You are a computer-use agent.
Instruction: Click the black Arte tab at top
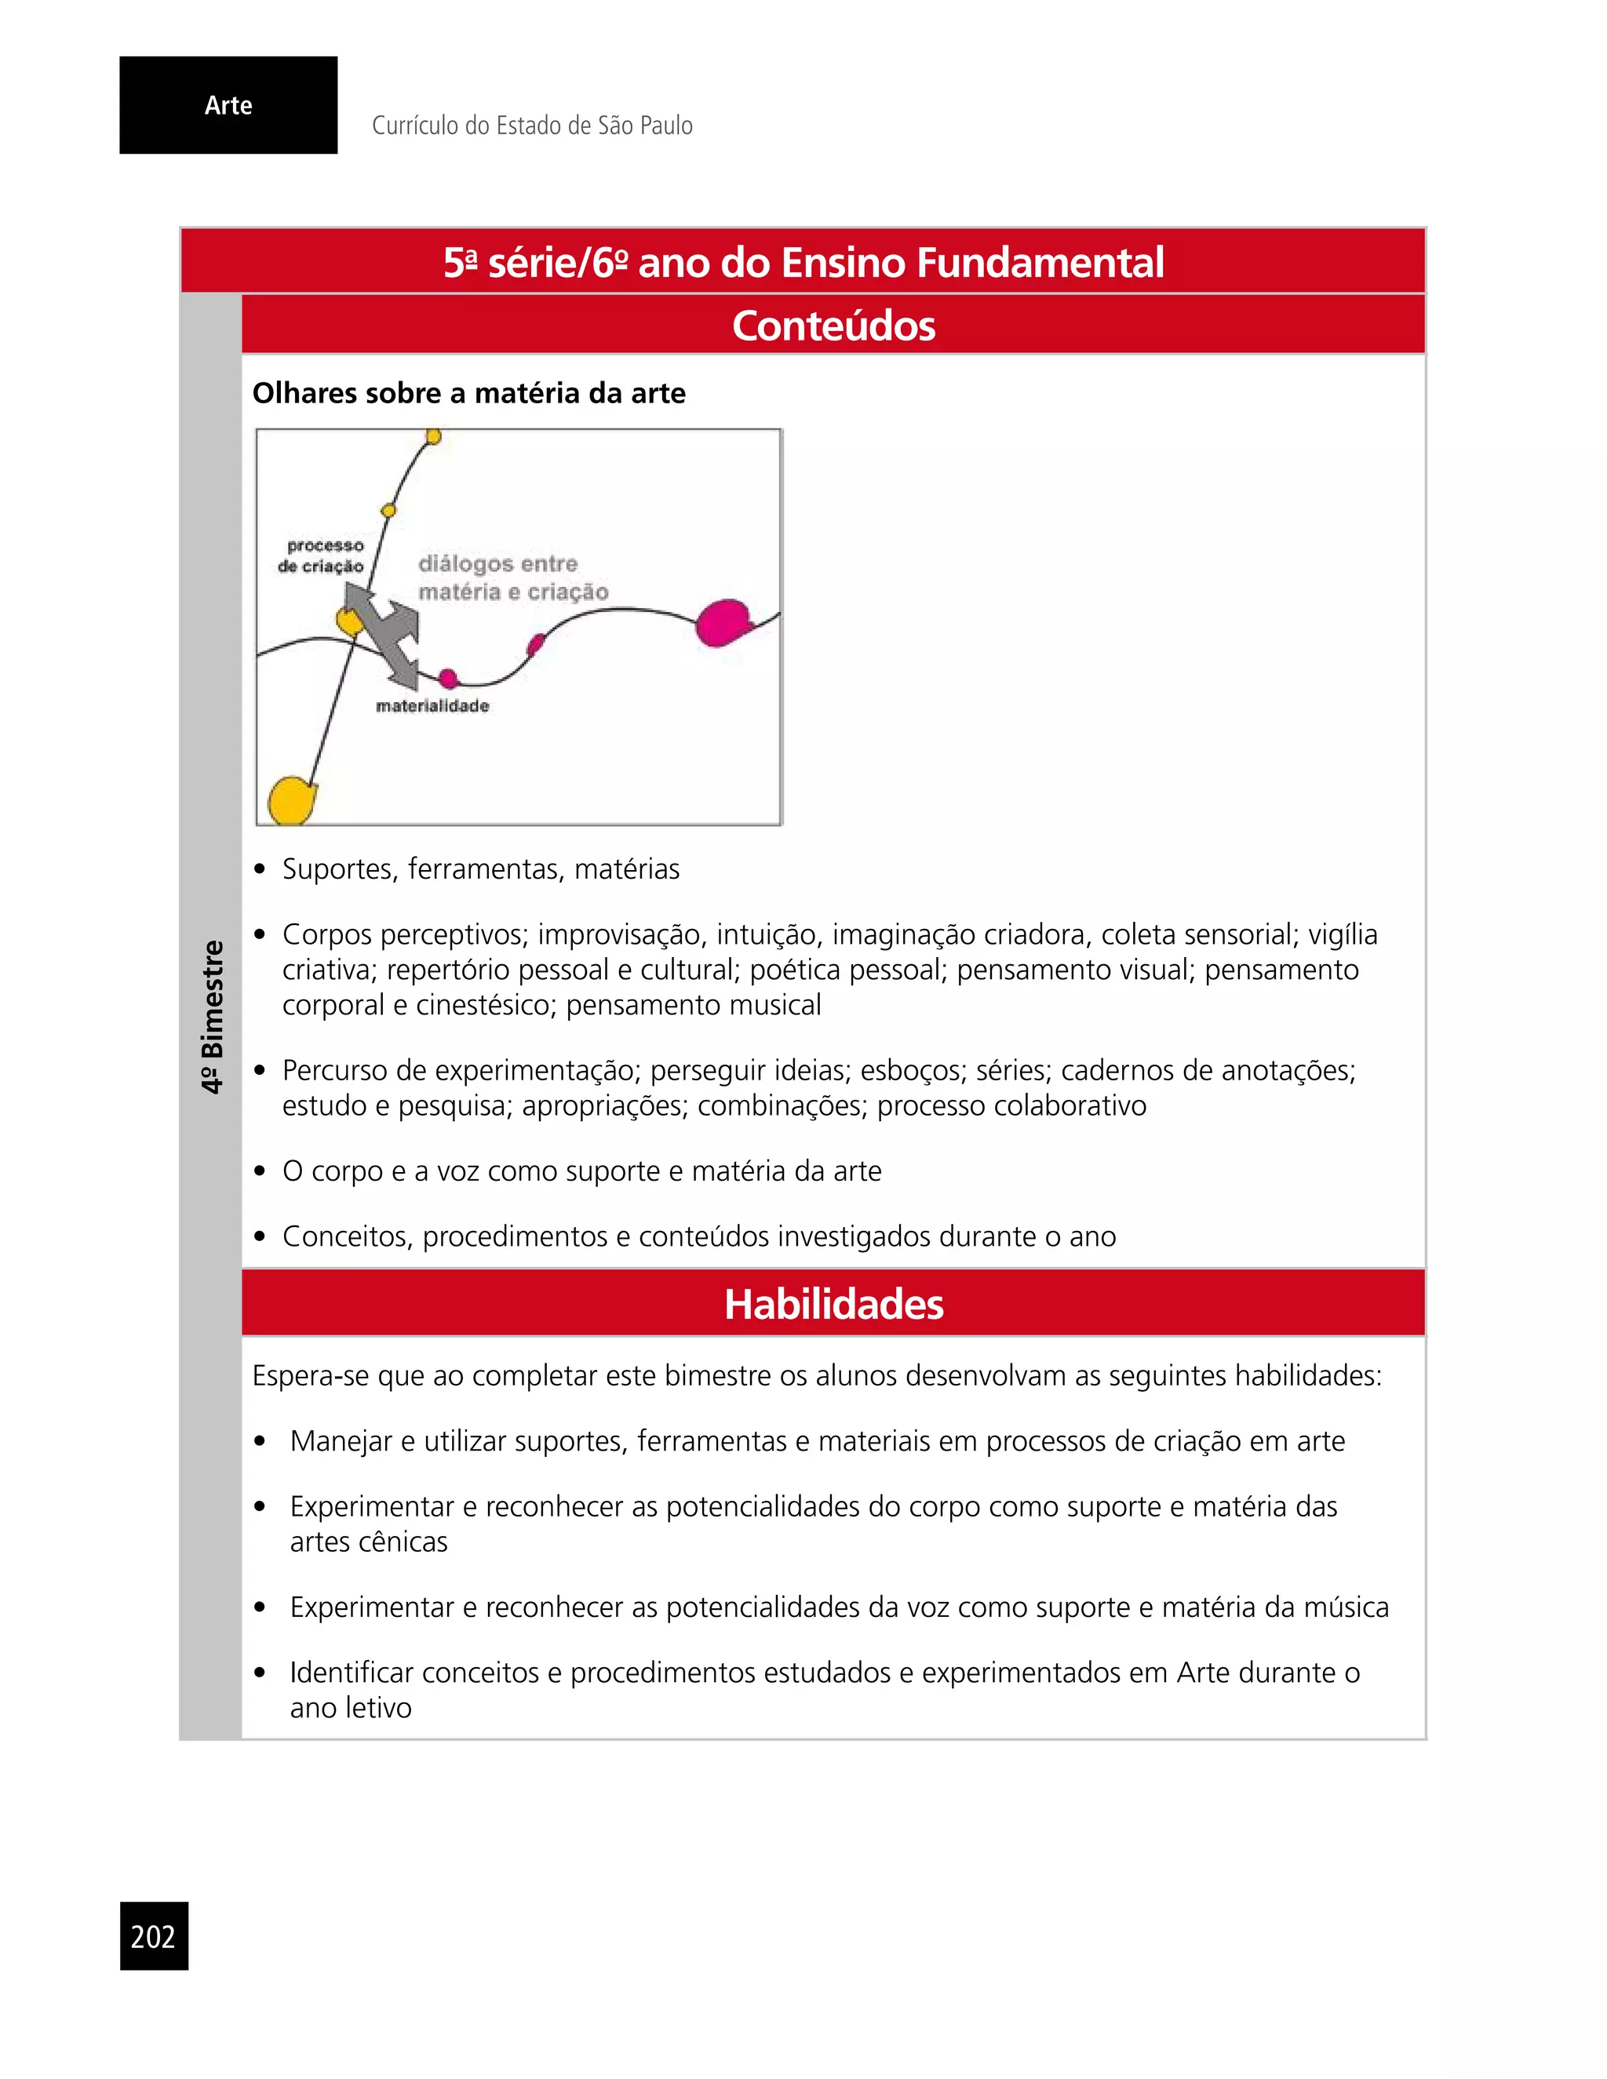(228, 104)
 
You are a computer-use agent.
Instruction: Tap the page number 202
(153, 1936)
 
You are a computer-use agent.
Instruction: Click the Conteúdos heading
(833, 326)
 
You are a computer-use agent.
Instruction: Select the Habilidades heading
(833, 1304)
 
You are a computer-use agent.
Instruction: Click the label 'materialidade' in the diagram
(432, 705)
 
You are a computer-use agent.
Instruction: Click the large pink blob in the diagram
(723, 623)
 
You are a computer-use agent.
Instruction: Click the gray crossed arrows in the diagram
(381, 632)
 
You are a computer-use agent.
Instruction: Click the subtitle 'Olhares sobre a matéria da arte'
(468, 393)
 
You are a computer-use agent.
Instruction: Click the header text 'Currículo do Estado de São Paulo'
(531, 126)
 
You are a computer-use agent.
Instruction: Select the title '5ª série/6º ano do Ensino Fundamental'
(803, 263)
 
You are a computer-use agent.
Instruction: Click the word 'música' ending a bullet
(1345, 1607)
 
